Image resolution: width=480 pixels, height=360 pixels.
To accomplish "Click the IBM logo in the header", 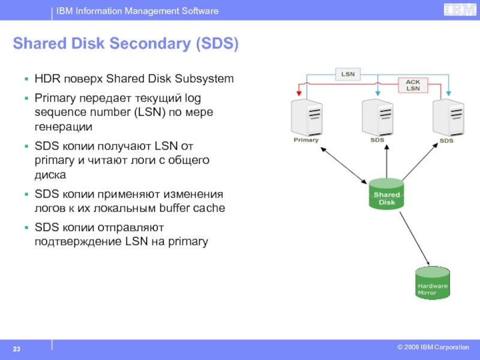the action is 460,10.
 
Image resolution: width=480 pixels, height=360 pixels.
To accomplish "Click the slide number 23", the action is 17,349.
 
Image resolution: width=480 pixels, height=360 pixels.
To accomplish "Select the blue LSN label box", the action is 348,74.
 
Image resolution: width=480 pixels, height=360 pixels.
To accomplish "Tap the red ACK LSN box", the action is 413,85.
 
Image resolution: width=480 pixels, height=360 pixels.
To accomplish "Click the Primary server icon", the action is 307,118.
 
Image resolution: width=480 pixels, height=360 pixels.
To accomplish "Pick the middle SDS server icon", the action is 377,118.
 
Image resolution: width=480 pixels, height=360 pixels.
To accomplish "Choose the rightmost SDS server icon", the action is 448,118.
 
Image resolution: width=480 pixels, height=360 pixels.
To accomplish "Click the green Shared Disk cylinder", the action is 386,194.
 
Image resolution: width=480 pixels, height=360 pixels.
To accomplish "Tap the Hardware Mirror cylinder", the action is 433,283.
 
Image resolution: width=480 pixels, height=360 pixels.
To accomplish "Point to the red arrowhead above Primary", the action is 299,93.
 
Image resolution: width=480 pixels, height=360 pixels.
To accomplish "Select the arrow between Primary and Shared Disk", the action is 343,166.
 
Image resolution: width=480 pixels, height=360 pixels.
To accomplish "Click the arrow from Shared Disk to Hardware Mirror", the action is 415,238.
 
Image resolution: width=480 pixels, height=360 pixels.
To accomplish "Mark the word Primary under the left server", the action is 306,140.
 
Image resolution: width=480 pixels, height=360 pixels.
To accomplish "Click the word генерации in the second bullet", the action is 64,127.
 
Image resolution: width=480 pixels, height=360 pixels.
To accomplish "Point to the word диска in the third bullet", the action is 50,175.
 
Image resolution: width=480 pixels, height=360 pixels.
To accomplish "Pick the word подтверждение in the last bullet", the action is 78,242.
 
